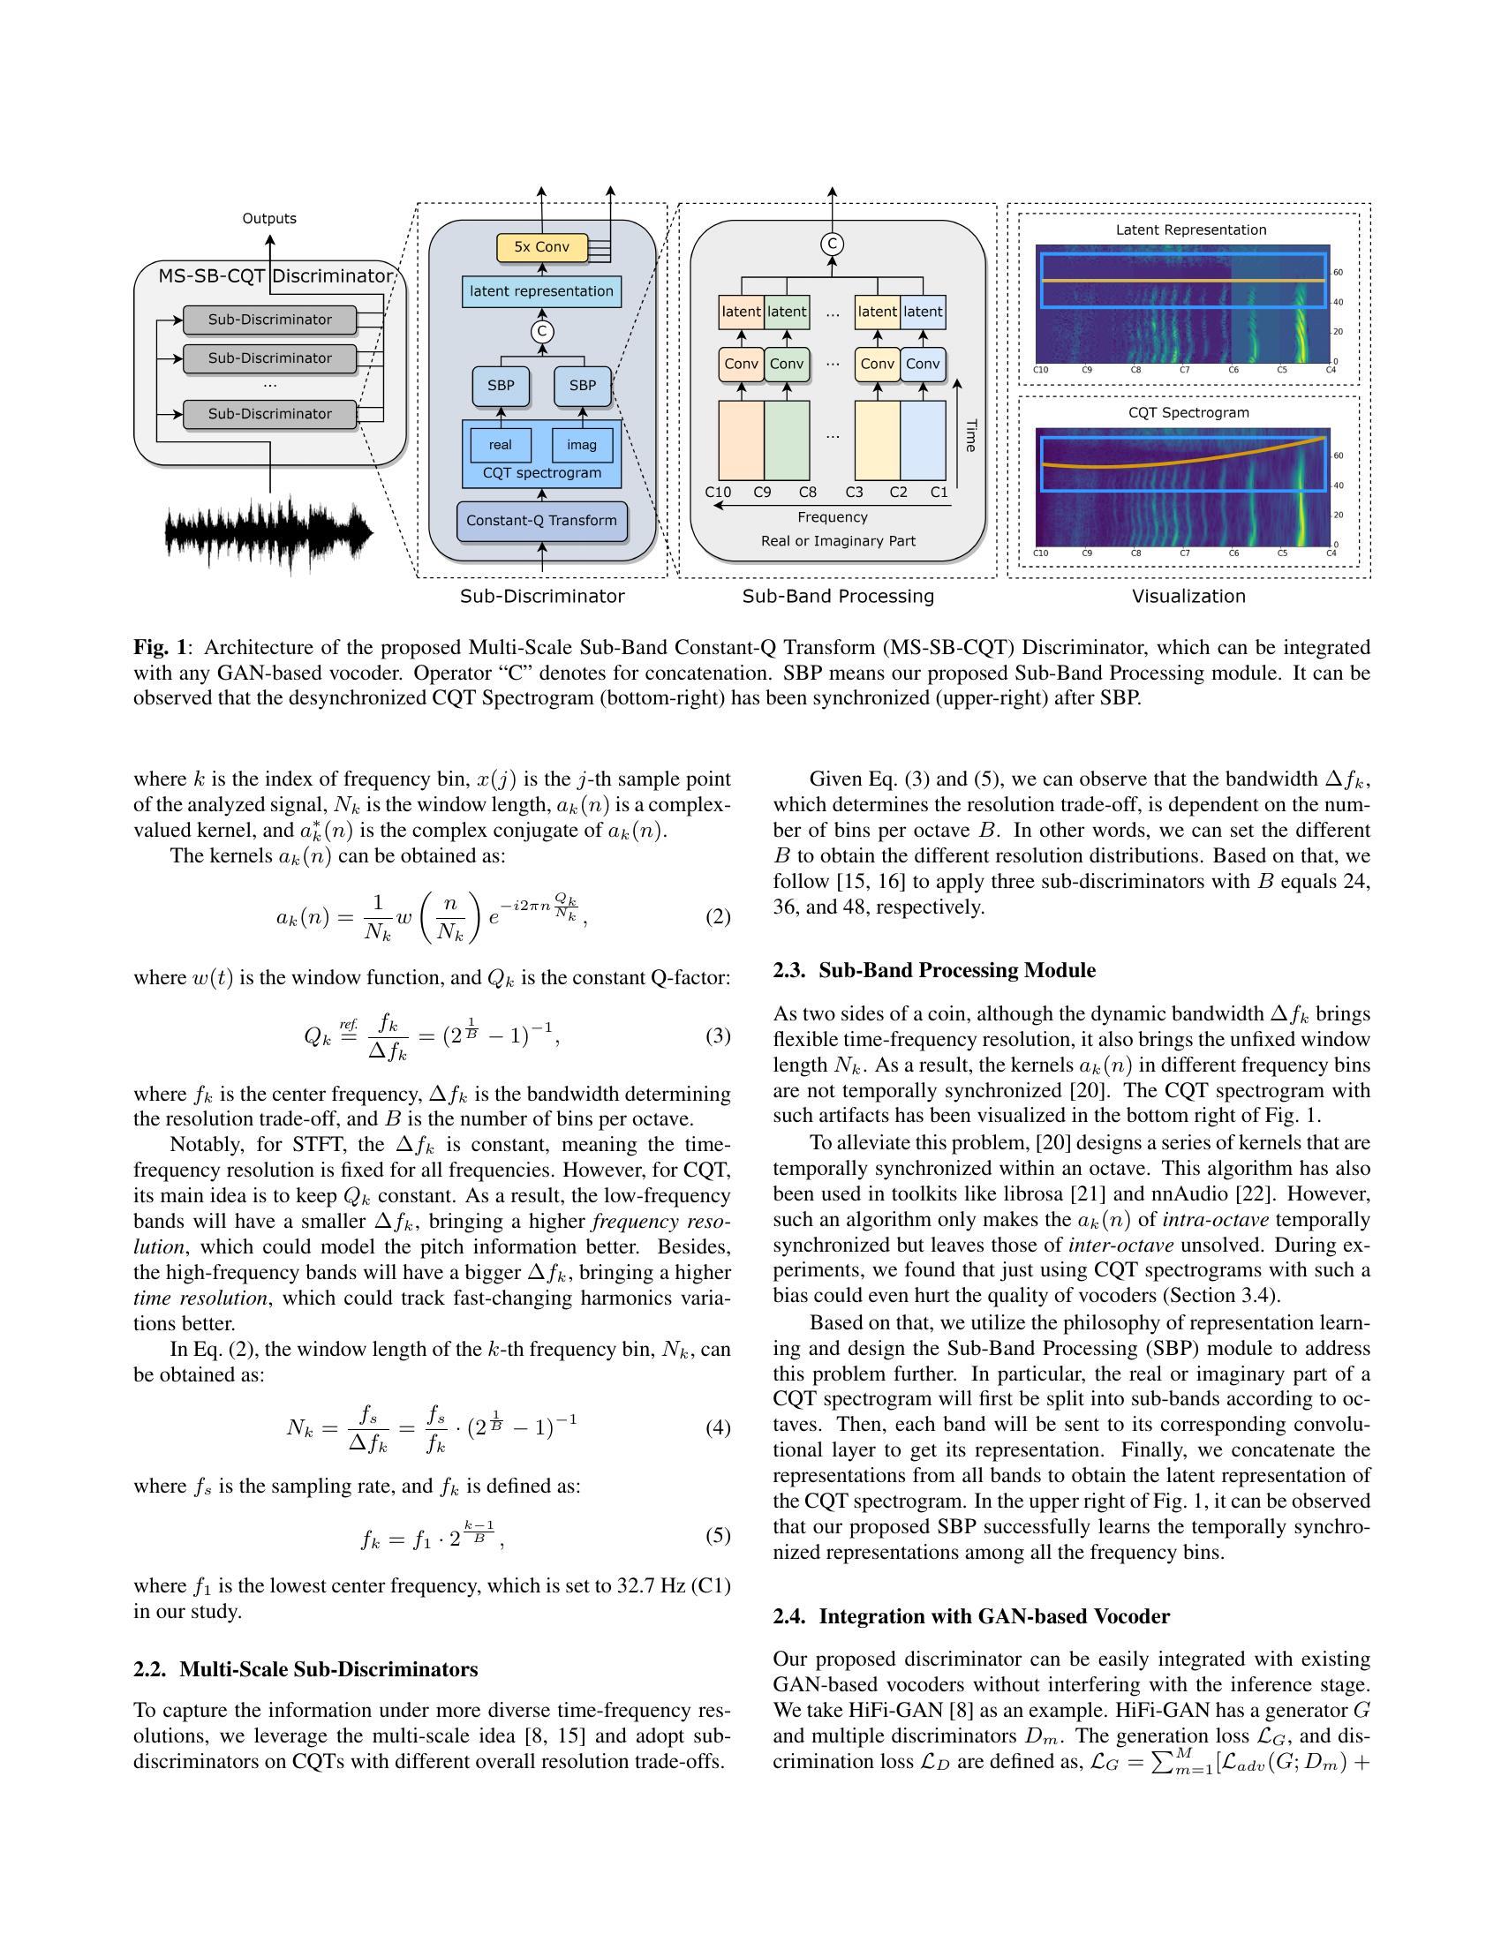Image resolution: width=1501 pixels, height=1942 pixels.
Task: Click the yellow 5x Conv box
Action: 541,247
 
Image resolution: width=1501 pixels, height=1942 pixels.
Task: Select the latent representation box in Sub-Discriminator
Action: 541,291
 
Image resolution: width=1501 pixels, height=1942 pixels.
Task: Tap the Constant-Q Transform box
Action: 541,521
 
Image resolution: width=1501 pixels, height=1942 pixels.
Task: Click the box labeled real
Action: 501,445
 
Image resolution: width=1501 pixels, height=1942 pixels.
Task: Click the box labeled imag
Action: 582,445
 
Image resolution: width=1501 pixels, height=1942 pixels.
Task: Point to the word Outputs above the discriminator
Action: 269,219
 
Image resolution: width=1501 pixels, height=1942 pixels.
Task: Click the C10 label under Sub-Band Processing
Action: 718,493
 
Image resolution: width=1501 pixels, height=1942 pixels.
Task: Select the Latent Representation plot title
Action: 1191,230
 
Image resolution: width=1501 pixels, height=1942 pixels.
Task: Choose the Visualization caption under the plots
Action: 1188,597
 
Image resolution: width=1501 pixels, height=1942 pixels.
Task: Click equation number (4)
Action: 718,1429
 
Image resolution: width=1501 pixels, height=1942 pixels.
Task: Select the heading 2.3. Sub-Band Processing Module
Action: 933,970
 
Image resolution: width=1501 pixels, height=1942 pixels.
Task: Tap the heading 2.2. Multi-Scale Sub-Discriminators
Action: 305,1670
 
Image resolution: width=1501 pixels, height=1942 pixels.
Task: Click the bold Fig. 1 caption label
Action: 159,647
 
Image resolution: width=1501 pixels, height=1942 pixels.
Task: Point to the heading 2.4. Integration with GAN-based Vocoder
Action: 970,1616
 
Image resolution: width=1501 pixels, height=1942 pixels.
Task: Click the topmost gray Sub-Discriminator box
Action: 269,320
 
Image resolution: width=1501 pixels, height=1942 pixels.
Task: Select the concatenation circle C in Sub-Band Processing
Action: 832,245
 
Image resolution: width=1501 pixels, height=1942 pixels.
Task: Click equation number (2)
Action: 718,918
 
